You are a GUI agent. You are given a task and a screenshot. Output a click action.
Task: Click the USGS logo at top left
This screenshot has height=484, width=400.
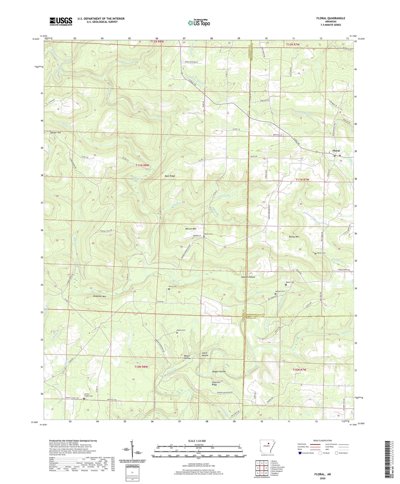[x=61, y=21]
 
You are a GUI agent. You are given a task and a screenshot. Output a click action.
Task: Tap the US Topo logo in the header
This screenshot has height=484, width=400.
[x=199, y=23]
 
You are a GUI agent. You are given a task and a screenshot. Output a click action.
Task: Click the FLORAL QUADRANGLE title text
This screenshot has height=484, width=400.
[x=331, y=18]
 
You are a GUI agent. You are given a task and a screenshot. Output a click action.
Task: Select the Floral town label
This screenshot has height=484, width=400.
[x=336, y=151]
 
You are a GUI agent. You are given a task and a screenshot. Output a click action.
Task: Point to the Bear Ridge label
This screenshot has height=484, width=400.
[x=170, y=176]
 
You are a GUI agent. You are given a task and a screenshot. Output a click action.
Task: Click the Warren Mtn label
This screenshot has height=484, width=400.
[x=190, y=229]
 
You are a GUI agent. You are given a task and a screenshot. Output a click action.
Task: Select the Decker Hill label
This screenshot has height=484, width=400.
[x=55, y=133]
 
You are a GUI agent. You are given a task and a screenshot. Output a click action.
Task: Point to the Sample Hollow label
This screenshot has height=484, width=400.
[x=248, y=277]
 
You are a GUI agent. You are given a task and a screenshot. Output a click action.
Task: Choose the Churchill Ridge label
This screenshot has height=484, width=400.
[x=216, y=383]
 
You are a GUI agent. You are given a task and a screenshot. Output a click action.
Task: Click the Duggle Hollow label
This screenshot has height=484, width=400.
[x=219, y=371]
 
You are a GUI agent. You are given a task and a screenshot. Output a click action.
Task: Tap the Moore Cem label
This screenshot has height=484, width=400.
[x=181, y=330]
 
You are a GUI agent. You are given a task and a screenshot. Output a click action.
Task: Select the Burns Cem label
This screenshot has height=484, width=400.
[x=172, y=287]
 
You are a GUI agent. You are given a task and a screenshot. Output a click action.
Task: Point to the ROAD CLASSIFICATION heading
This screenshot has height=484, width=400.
[x=323, y=440]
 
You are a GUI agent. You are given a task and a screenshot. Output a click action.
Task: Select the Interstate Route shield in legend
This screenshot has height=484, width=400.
[x=300, y=453]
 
